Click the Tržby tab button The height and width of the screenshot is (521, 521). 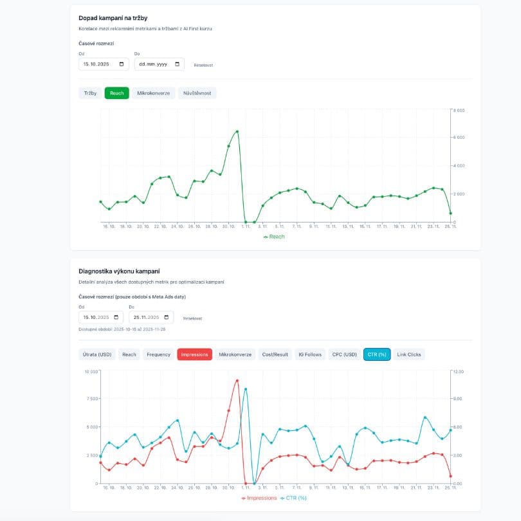[90, 93]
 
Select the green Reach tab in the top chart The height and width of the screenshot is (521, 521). [117, 93]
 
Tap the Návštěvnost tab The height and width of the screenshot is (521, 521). [197, 93]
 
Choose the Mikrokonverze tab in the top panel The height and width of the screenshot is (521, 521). [154, 93]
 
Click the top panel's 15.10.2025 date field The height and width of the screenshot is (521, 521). [104, 64]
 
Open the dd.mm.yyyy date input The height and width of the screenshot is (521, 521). [159, 64]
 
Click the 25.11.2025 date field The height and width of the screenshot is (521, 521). [151, 317]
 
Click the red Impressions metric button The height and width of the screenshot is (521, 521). [194, 354]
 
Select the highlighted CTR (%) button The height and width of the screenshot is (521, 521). [377, 354]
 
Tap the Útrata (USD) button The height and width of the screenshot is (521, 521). [96, 354]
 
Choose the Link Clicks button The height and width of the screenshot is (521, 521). [409, 354]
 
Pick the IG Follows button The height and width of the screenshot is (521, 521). [309, 354]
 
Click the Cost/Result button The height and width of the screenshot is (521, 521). [275, 354]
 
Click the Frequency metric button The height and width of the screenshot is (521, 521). [158, 354]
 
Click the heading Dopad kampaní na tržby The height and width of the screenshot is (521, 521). [113, 17]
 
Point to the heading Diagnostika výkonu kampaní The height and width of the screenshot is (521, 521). [119, 271]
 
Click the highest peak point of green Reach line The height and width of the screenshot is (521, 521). [237, 131]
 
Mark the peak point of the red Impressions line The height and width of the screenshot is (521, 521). [237, 381]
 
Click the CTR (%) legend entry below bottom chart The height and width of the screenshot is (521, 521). [295, 498]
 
